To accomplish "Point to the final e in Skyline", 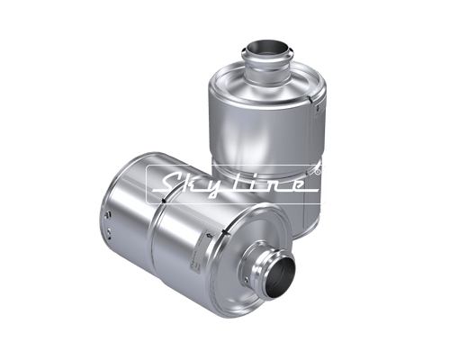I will pos(300,185).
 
